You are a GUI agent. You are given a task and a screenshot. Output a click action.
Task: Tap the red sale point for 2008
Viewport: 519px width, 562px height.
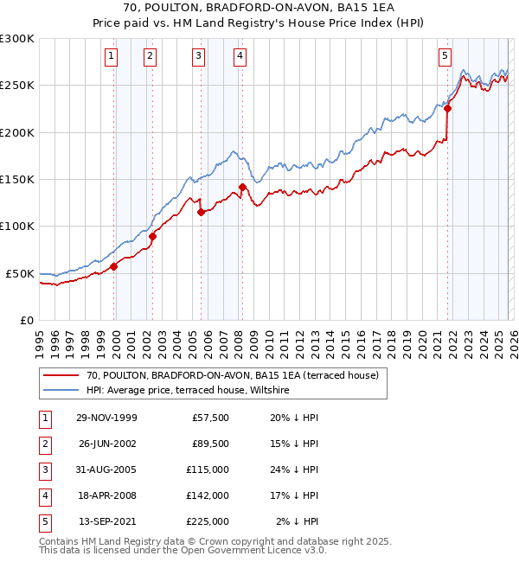(242, 187)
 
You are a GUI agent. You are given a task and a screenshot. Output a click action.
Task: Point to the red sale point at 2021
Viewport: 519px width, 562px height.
(448, 108)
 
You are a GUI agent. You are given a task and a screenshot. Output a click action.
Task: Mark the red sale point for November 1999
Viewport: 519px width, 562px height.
(114, 266)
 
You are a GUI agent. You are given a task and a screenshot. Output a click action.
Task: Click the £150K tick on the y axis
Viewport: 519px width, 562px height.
(17, 179)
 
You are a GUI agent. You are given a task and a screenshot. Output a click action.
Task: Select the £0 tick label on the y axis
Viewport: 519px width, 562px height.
(26, 320)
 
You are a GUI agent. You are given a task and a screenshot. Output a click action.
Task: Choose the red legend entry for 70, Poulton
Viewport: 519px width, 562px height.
(232, 375)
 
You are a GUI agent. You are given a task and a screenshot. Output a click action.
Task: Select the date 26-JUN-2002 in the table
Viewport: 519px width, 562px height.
(106, 444)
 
